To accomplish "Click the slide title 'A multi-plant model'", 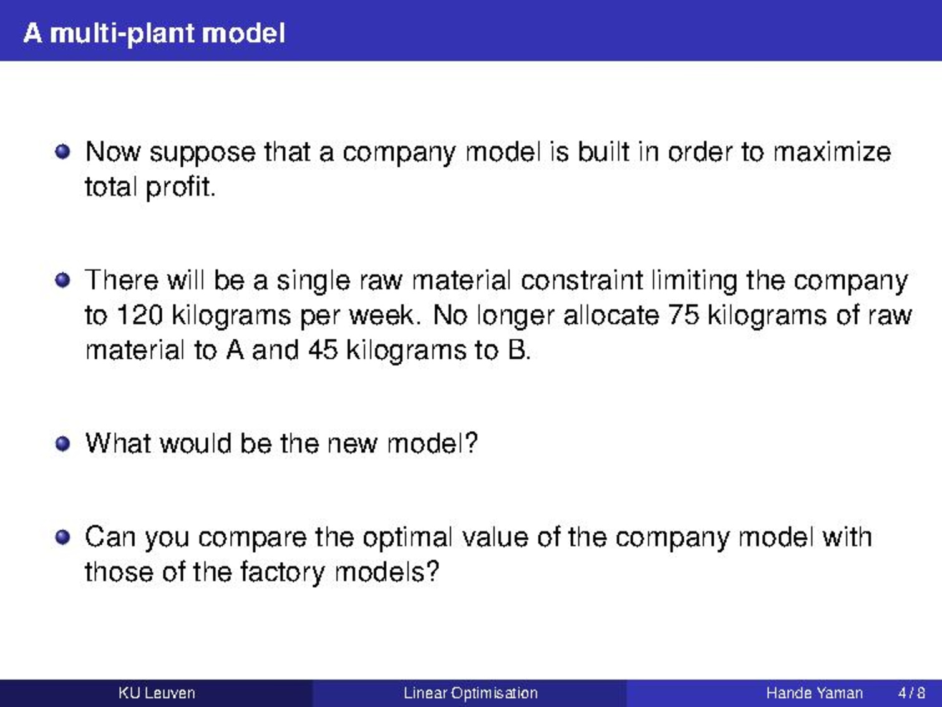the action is point(154,34).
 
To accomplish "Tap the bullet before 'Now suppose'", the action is point(62,152).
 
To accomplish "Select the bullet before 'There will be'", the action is point(62,280).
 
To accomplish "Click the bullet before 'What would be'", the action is point(62,444).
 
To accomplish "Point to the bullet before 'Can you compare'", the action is point(62,537).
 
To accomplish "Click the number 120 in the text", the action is point(140,316).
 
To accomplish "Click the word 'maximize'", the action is point(832,152).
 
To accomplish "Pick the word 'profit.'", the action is point(181,188).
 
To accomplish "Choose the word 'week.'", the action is point(383,316).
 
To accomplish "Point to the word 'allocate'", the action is point(611,316).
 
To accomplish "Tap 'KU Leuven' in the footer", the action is point(157,693).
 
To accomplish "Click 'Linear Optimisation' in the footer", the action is point(470,693).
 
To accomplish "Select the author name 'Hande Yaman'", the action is point(814,693).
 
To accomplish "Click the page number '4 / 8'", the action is point(911,693).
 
